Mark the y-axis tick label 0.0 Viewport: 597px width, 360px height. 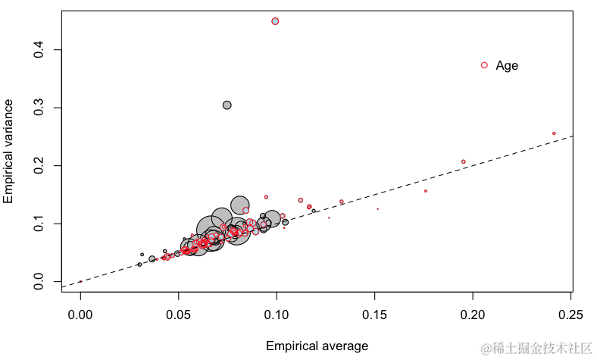[x=36, y=281]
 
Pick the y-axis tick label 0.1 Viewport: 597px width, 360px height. [x=36, y=224]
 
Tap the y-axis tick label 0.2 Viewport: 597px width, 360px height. [x=36, y=165]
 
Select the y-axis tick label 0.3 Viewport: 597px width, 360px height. [x=36, y=108]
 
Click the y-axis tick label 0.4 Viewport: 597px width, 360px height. [x=36, y=50]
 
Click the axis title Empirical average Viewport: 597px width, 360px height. [x=317, y=346]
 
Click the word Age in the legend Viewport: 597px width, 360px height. [x=507, y=66]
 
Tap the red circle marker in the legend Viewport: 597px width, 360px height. [x=485, y=65]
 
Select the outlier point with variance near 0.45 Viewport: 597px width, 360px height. [x=275, y=21]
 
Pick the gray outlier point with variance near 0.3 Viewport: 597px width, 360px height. [x=227, y=105]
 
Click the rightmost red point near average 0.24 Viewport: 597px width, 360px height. [x=554, y=133]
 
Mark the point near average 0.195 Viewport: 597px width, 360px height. [x=464, y=161]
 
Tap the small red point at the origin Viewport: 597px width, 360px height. [x=81, y=281]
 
